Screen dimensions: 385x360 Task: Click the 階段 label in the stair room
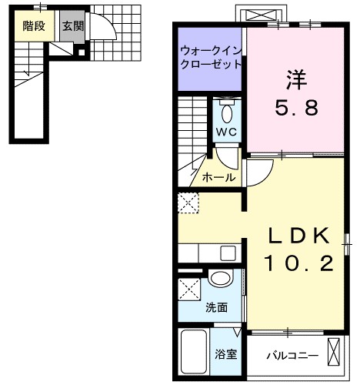click(x=33, y=25)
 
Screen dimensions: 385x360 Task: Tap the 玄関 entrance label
click(x=73, y=25)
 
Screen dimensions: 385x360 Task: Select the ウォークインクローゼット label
click(x=210, y=58)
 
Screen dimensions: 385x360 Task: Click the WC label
click(x=225, y=131)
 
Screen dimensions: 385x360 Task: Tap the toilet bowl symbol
click(x=226, y=112)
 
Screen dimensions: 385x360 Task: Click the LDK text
click(x=299, y=235)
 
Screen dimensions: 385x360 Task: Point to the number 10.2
click(x=299, y=264)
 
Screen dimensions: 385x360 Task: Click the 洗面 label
click(x=216, y=307)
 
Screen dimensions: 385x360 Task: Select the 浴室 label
click(x=225, y=356)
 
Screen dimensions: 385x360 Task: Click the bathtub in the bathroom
click(x=195, y=353)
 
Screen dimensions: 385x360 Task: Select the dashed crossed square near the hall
click(x=189, y=203)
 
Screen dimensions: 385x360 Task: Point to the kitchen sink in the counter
click(x=226, y=253)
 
